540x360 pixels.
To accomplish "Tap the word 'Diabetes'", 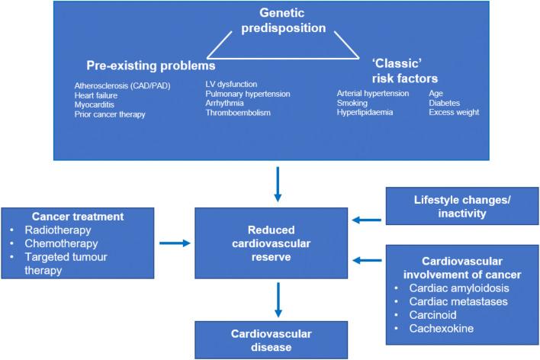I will (446, 102).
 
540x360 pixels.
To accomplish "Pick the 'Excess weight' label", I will (455, 112).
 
